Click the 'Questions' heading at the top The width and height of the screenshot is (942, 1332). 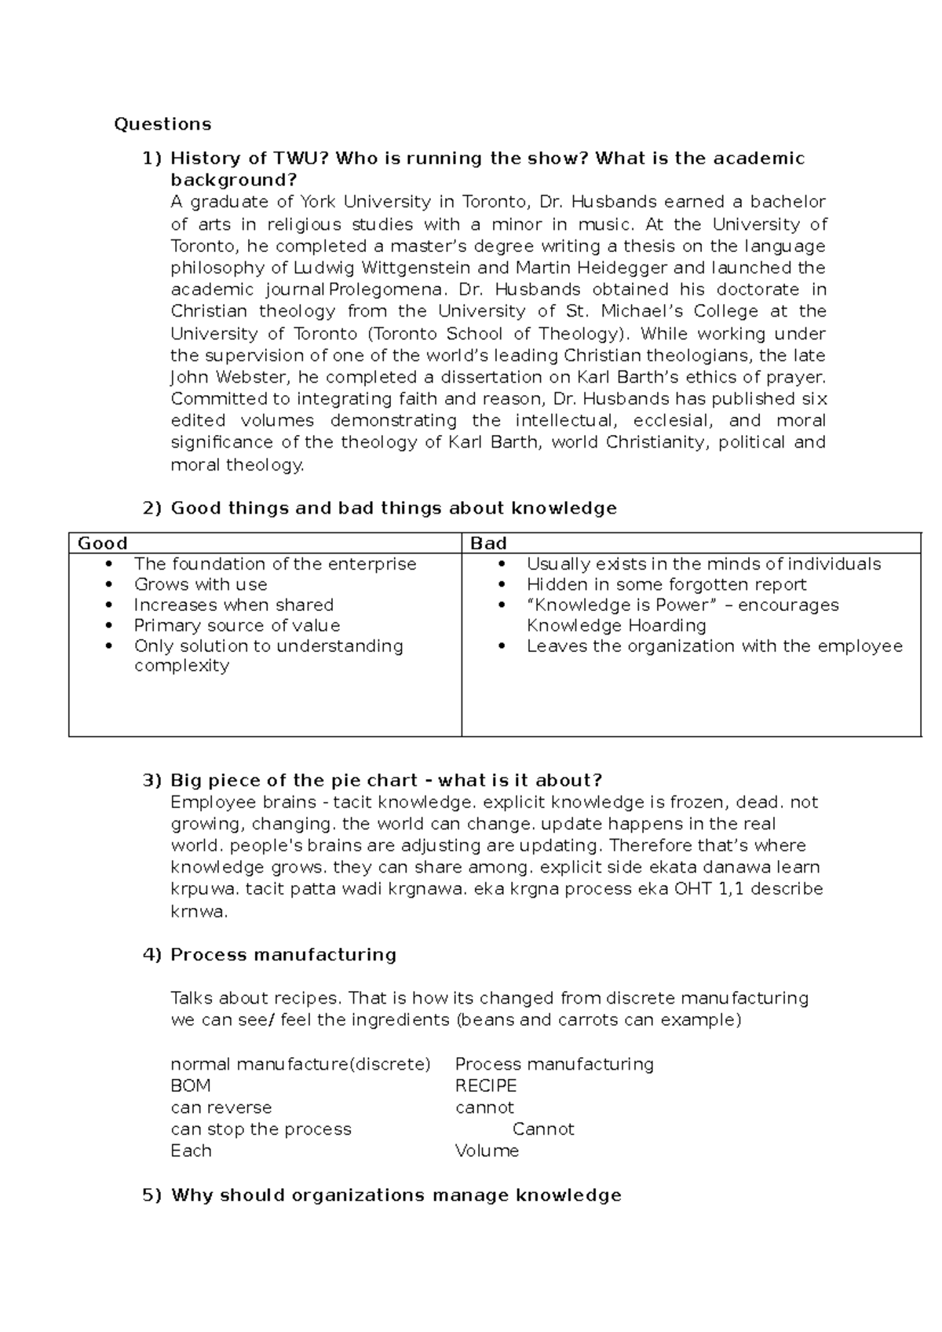coord(162,124)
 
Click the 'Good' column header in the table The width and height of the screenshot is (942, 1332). coord(102,543)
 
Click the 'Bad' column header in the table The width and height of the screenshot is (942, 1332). coord(488,543)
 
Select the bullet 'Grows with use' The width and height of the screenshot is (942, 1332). coord(200,584)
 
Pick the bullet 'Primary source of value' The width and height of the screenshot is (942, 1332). coord(236,626)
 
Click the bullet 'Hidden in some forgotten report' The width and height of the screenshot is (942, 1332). coord(666,584)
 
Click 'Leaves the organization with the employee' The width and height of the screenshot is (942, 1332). coord(714,646)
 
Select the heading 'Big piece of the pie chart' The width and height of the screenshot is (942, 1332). coord(294,781)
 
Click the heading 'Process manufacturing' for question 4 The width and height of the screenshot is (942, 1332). coord(283,955)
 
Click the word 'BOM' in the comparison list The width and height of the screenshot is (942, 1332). coord(190,1086)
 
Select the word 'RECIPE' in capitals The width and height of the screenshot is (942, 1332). coord(486,1086)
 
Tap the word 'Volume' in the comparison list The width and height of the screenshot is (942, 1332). coord(487,1151)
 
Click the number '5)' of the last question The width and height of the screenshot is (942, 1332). coord(152,1195)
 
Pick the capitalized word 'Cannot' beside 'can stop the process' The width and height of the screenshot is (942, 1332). coord(543,1129)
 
